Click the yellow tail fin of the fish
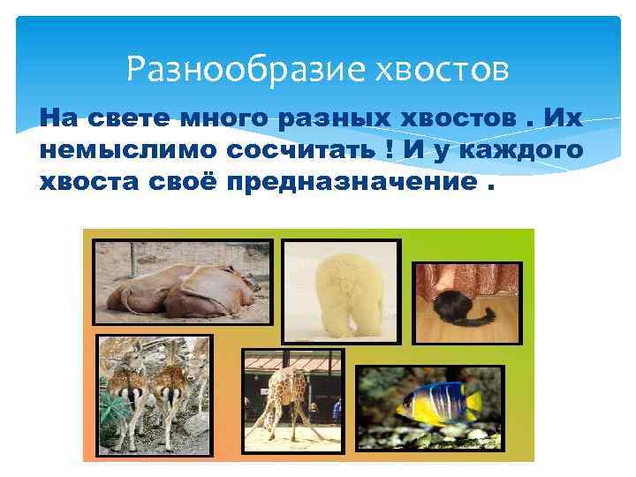point(474,406)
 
